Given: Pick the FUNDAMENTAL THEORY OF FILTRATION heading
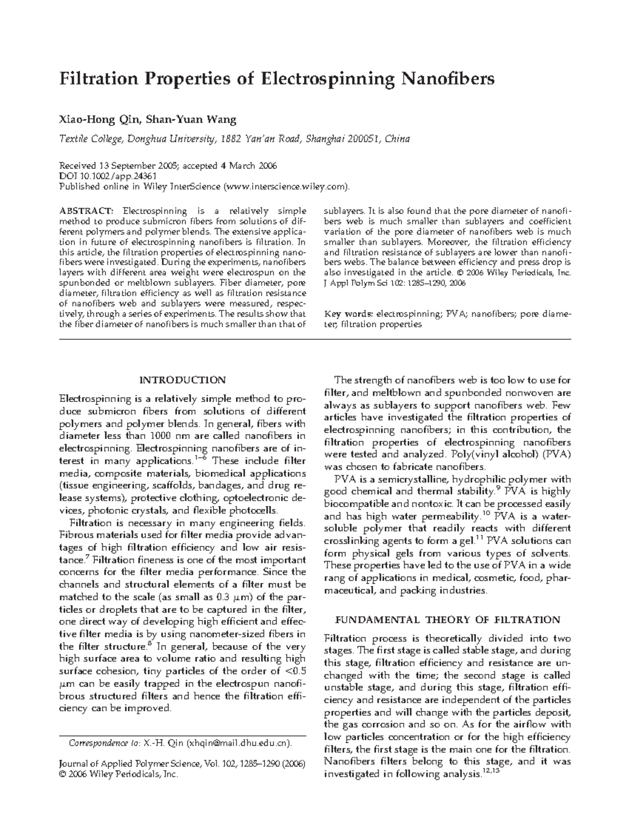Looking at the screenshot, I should tap(448, 620).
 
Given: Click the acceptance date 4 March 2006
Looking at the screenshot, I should tap(248, 166).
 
